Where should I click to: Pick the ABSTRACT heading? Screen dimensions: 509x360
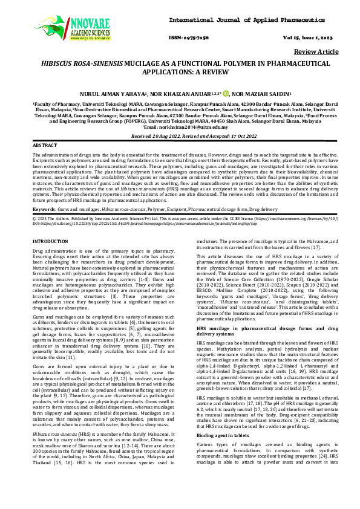pyautogui.click(x=44, y=146)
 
